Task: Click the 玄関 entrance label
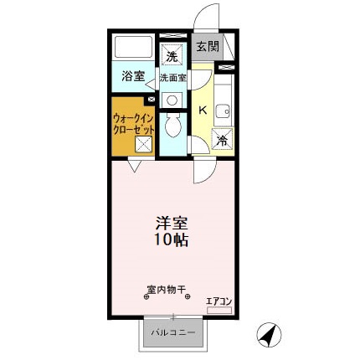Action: click(207, 47)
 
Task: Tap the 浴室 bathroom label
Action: click(133, 76)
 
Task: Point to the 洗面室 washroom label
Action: click(173, 78)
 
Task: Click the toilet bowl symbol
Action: click(172, 126)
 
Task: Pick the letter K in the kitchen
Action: click(202, 110)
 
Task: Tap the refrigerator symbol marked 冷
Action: click(222, 141)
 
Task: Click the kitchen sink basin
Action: click(224, 110)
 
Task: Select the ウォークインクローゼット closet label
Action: click(131, 124)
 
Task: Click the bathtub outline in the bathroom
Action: click(131, 47)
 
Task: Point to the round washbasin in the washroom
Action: click(172, 99)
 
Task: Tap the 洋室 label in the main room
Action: click(172, 224)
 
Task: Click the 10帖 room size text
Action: click(171, 240)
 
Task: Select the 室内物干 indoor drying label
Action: click(166, 291)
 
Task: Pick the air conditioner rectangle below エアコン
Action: click(219, 311)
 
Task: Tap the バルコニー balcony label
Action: click(172, 333)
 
